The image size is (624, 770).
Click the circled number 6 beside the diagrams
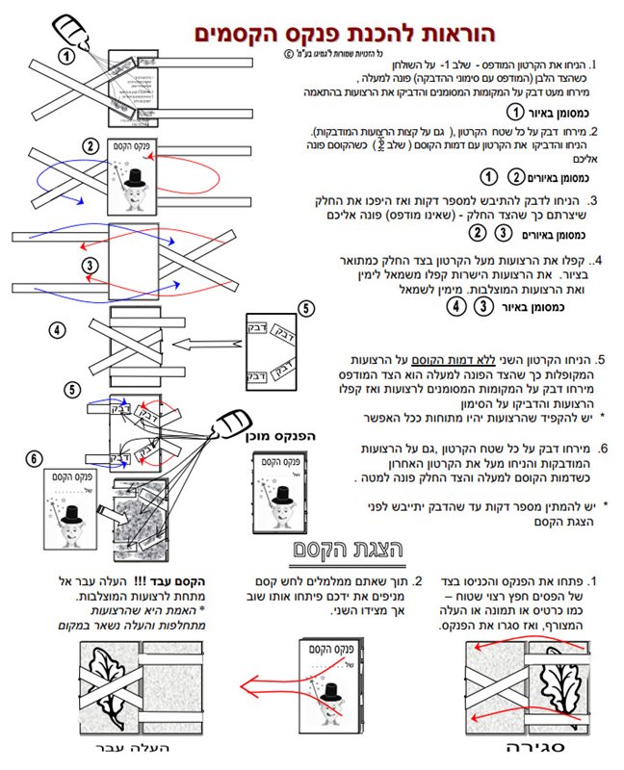point(36,459)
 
